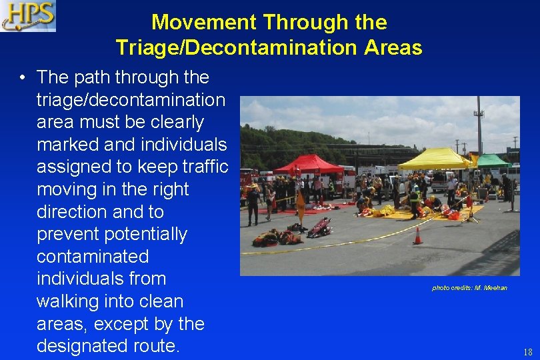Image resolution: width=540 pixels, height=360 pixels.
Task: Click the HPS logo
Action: [x=28, y=16]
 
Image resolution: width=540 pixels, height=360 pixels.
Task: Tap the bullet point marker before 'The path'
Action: [x=23, y=78]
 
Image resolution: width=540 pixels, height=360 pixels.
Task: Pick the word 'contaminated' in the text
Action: [x=93, y=257]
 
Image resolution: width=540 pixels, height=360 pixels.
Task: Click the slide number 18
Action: [x=527, y=351]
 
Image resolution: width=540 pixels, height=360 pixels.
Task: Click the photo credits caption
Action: [x=469, y=287]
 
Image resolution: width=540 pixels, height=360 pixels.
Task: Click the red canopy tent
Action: [x=309, y=163]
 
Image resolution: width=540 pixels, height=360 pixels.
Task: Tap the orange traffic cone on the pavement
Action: [x=417, y=236]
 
